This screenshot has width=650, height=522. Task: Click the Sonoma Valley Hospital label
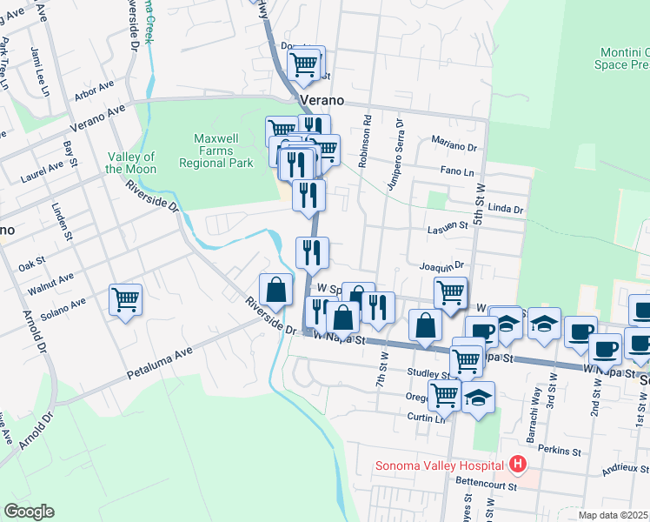[441, 464]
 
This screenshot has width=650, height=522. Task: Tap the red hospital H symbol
[519, 464]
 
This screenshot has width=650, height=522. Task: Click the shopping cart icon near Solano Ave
[126, 300]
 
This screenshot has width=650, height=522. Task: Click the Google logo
[30, 512]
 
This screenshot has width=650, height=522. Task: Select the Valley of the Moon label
[131, 163]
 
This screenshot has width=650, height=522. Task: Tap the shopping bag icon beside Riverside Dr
[275, 290]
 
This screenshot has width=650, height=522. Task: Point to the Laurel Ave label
[41, 171]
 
